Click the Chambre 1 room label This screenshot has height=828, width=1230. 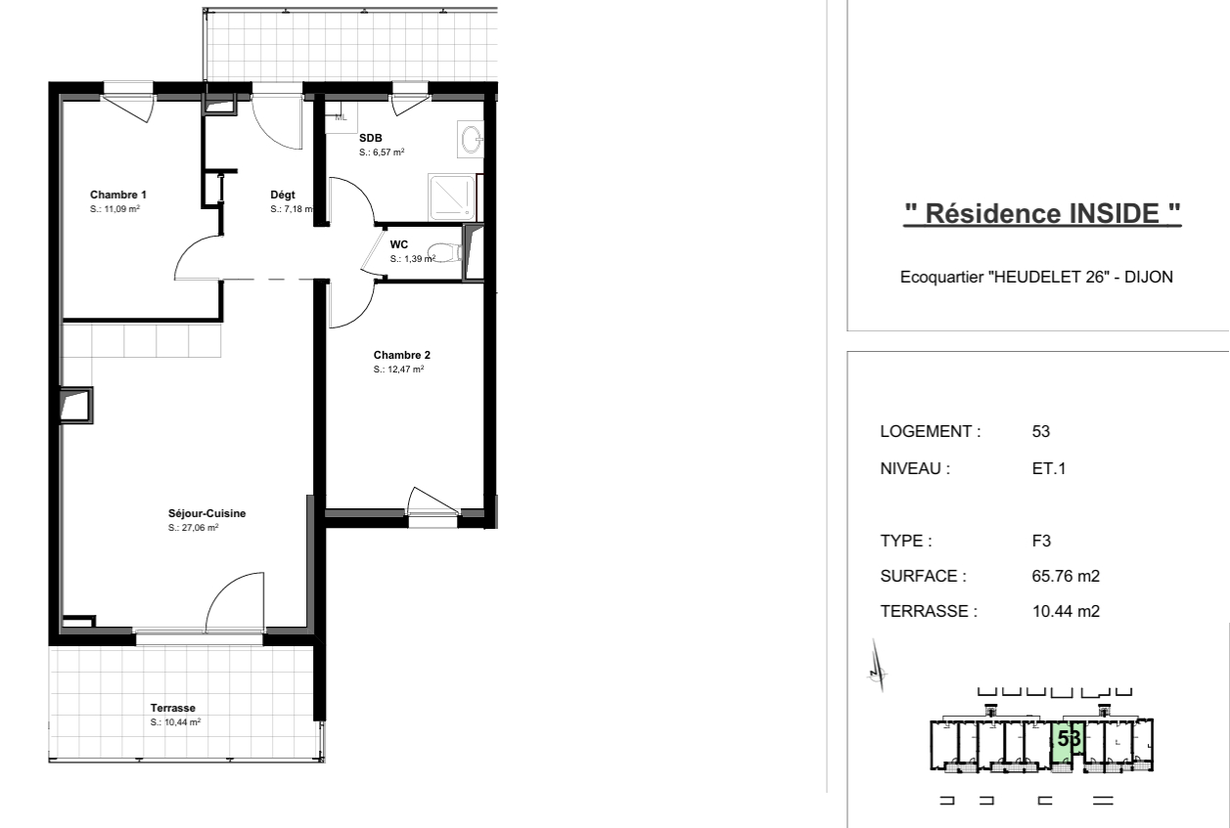point(118,195)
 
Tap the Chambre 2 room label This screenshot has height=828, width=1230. point(402,355)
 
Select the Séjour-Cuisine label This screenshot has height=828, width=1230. point(207,513)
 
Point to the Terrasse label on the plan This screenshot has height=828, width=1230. point(173,708)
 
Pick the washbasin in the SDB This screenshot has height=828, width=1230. point(471,139)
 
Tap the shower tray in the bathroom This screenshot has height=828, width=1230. point(452,197)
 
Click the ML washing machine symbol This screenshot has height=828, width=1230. point(341,117)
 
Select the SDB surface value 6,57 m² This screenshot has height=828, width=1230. point(382,152)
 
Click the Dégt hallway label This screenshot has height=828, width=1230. point(283,195)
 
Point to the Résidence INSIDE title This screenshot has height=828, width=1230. point(1042,213)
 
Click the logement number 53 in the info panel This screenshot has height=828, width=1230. point(1041,431)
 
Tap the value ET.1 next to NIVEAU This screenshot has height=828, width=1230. point(1049,468)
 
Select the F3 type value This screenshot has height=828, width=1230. point(1042,541)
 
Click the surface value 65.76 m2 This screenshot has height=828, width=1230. point(1066,576)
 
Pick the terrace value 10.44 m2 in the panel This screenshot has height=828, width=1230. point(1066,611)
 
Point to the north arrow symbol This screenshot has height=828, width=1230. point(878,666)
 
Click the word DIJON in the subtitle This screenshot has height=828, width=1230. point(1149,277)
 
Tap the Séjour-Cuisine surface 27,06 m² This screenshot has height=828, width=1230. point(194,528)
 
